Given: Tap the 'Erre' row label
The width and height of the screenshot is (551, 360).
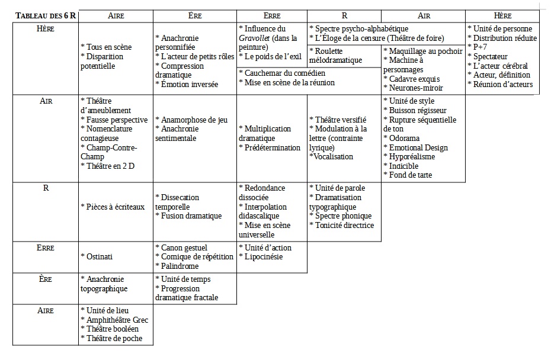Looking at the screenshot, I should click(x=46, y=247).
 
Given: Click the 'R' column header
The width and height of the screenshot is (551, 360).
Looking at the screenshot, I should click(x=344, y=15).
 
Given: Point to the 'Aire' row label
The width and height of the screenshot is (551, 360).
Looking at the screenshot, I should click(x=46, y=310).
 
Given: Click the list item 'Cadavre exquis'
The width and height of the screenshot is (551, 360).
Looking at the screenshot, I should click(x=413, y=79).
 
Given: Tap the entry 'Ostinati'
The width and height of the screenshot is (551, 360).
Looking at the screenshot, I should click(x=97, y=256).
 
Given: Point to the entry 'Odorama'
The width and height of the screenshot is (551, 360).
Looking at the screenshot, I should click(x=406, y=138).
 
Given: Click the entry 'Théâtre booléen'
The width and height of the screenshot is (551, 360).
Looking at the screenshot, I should click(x=112, y=329).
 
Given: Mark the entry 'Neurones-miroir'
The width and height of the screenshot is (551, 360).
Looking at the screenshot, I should click(x=415, y=88).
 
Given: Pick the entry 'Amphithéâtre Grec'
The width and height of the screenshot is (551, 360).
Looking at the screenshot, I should click(x=116, y=320).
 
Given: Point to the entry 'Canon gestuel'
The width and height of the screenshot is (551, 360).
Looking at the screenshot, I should click(x=184, y=247).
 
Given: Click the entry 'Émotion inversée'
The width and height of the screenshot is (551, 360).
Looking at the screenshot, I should click(x=186, y=84).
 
